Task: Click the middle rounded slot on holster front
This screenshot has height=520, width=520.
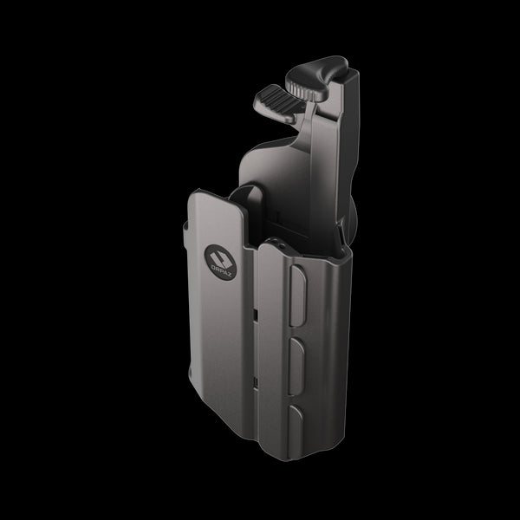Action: [296, 357]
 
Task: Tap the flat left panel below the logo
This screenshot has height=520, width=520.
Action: [221, 347]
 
